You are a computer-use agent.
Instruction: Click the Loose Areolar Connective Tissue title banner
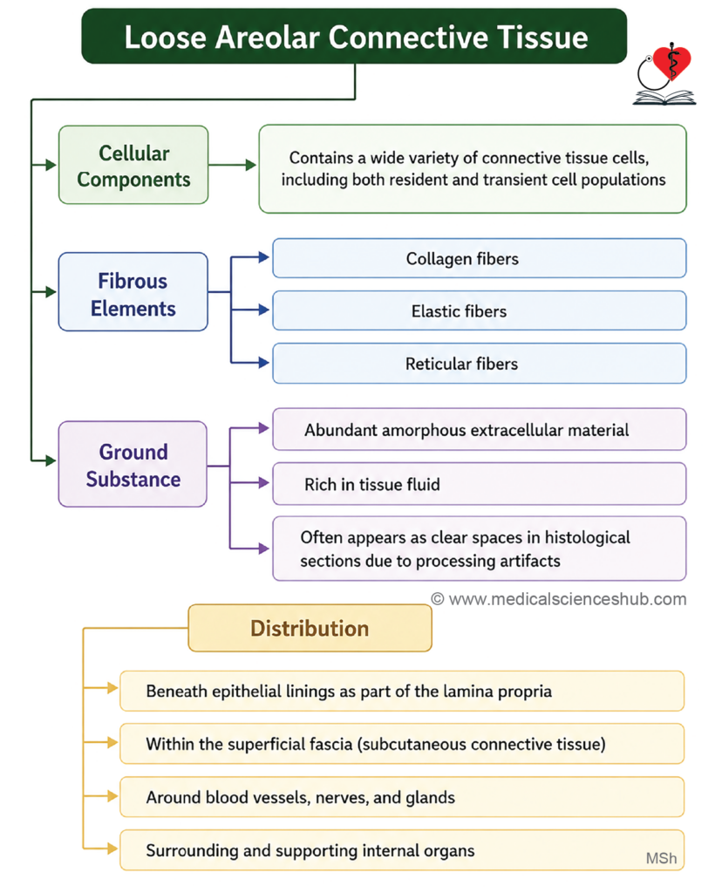pos(354,36)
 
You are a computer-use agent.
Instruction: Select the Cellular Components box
pos(133,165)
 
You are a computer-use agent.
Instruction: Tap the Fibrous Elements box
pos(133,292)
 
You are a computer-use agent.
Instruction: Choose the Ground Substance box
pos(133,464)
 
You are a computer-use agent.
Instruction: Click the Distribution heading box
pos(310,628)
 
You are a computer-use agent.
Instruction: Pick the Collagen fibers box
pos(480,258)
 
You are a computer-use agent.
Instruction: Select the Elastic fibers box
pos(480,311)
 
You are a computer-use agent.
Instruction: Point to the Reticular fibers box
pos(480,364)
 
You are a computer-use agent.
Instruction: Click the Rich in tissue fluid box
pos(480,484)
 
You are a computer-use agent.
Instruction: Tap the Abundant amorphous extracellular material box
pos(480,429)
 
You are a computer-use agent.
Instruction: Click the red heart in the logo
pos(672,62)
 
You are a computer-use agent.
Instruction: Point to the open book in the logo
pos(664,98)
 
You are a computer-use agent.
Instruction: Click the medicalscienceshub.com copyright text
pos(559,599)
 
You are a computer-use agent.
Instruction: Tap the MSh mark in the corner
pos(661,858)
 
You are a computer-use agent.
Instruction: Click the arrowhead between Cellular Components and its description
pos(250,165)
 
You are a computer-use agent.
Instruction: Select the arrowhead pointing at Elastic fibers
pos(263,310)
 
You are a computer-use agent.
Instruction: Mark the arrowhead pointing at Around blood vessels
pos(112,796)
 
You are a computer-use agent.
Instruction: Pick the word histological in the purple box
pos(587,537)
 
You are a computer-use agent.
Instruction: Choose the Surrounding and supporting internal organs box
pos(402,850)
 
